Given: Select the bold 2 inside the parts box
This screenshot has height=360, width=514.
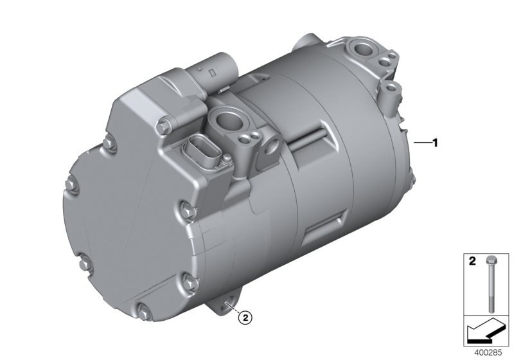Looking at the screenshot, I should point(472,262).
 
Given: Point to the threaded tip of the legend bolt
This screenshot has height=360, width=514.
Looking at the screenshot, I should point(492,310).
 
